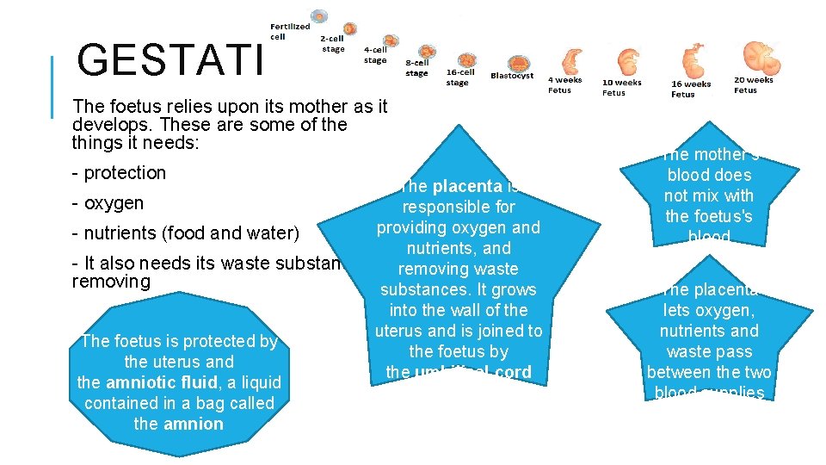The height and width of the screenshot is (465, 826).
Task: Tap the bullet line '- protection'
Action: (120, 173)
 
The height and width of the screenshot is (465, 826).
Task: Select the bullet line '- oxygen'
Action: (108, 204)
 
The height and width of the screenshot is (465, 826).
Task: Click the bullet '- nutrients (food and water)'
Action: (186, 234)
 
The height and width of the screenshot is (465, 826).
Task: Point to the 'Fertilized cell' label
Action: (290, 32)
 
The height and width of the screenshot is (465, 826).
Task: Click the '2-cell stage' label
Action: (332, 44)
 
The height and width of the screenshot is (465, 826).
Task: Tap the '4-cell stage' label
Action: (375, 55)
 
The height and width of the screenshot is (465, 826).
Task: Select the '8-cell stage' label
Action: (416, 68)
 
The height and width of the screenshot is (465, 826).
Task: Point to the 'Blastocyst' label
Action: (512, 76)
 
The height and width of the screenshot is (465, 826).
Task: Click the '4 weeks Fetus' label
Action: (565, 84)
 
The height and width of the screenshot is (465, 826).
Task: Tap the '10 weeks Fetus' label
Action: (621, 88)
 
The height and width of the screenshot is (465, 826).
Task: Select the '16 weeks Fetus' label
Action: (691, 89)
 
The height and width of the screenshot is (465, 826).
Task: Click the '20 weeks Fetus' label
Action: (753, 84)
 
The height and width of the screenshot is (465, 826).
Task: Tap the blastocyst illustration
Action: (519, 62)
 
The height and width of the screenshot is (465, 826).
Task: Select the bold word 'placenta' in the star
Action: (468, 187)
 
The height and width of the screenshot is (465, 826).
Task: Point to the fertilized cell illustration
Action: (320, 16)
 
